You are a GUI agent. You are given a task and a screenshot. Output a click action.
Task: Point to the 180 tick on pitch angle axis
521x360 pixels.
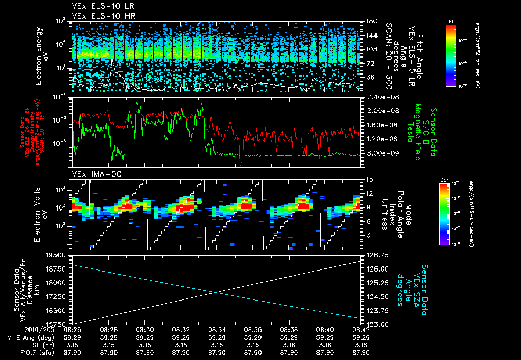[370, 21]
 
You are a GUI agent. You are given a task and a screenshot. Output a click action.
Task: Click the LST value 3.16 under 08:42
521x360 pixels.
[361, 345]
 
